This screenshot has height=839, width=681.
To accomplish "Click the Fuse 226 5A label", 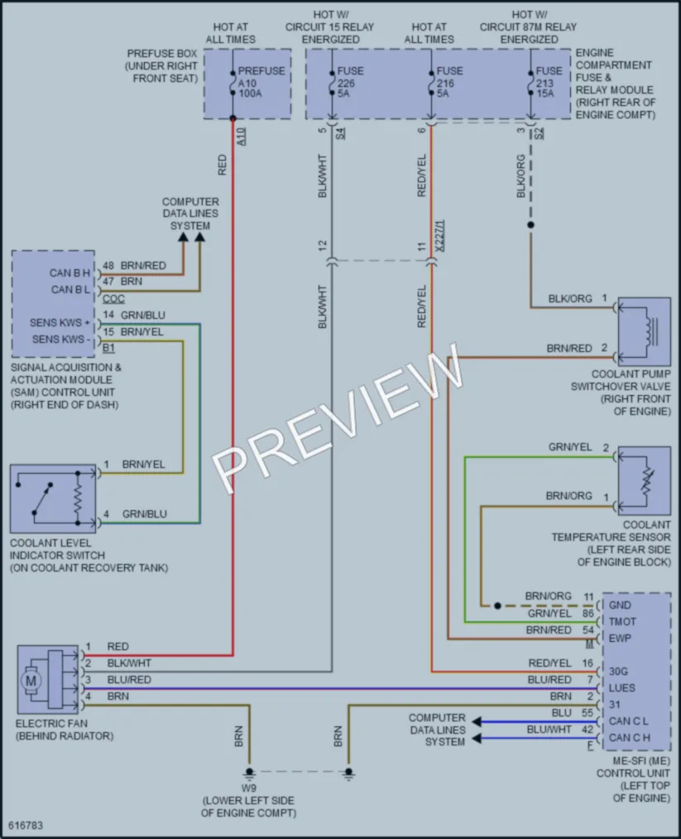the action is click(x=350, y=82).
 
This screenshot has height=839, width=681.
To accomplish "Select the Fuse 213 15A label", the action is click(x=549, y=82).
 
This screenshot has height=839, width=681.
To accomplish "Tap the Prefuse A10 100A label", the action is click(x=261, y=82).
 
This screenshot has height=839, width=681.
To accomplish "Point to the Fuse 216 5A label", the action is click(x=449, y=82).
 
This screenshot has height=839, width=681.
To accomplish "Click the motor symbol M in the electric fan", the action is click(x=31, y=681).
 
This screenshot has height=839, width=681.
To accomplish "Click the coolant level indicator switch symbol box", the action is click(x=53, y=498).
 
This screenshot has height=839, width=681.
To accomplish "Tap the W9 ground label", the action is click(x=248, y=788).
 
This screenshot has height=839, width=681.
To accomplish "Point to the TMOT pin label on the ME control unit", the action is click(x=622, y=622).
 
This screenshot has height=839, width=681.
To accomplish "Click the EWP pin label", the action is click(x=620, y=639).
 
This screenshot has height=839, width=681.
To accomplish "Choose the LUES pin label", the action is click(x=621, y=688).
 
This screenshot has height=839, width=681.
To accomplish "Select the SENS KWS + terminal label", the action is click(x=60, y=323).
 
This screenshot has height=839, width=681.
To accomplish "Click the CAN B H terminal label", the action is click(x=70, y=272).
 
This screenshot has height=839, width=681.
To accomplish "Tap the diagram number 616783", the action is click(x=26, y=826).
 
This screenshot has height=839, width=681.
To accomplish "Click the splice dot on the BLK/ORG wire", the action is click(x=530, y=225).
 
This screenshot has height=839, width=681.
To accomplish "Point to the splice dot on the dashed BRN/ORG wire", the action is click(x=497, y=605).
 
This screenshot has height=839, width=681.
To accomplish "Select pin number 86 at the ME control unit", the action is click(x=588, y=613).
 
